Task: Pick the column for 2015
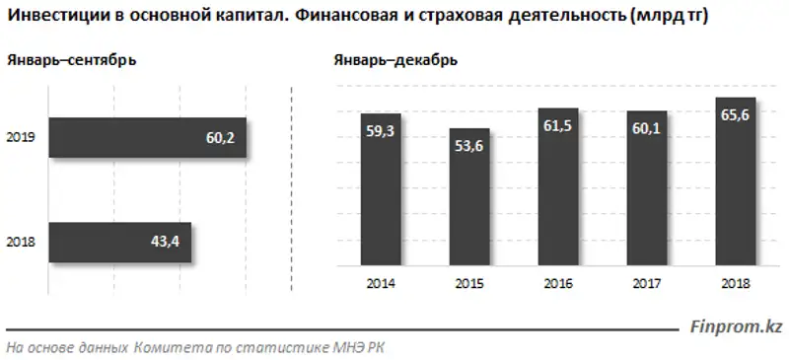click(x=468, y=197)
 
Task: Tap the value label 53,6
click(x=468, y=147)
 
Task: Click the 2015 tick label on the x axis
click(x=468, y=284)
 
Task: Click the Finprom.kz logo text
click(x=734, y=325)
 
